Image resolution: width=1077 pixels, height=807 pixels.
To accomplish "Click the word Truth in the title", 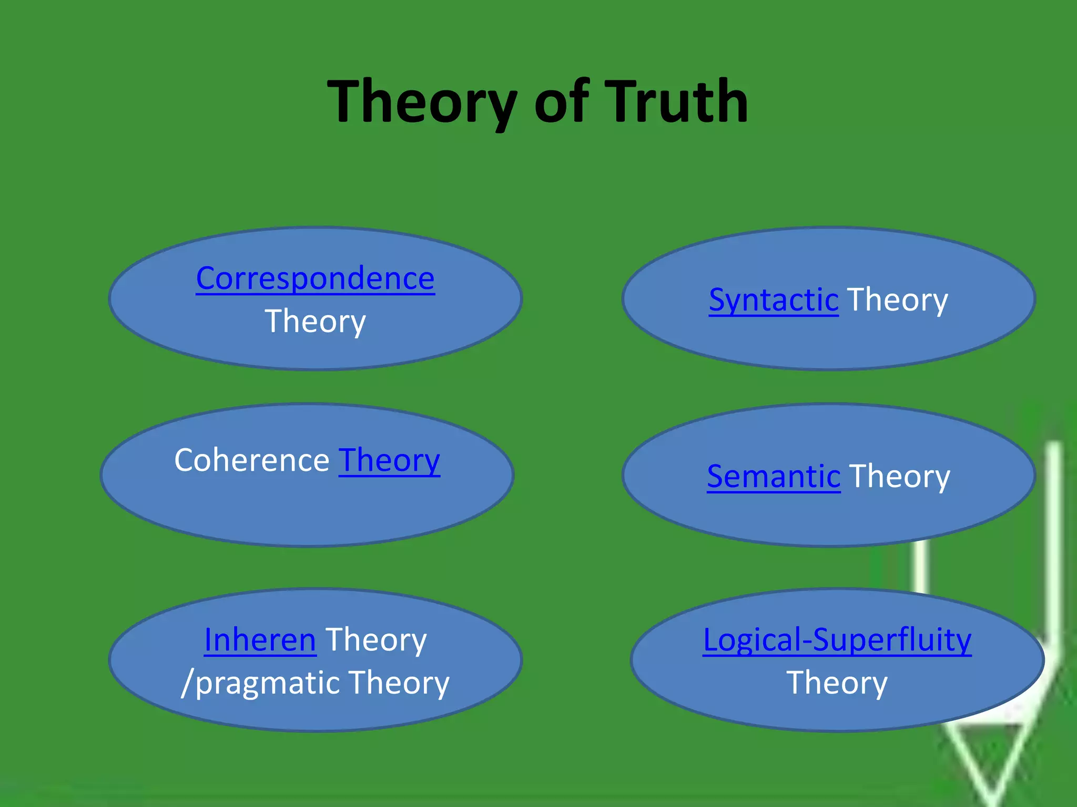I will click(678, 101).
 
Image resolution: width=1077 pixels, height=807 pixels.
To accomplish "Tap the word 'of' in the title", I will click(561, 101).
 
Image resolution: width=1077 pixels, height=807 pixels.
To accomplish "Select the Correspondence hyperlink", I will click(315, 278).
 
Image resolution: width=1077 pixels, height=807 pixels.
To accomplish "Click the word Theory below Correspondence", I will click(315, 321).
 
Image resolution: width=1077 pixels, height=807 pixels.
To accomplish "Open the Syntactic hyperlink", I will click(773, 300).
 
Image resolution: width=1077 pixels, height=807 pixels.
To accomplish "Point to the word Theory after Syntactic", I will click(897, 300).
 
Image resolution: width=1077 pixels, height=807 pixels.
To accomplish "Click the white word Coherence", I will click(251, 460).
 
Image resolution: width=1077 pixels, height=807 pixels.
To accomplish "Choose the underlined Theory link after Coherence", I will click(389, 460).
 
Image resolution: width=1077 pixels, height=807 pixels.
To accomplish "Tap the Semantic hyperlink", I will click(773, 477).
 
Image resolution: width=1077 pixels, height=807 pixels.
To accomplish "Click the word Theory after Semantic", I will click(899, 477).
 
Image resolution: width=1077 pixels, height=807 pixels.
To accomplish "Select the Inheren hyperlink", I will click(260, 640).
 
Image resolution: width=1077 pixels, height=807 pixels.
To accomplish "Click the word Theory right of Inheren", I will click(375, 640).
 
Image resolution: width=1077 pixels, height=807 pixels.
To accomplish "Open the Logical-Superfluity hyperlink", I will click(837, 640).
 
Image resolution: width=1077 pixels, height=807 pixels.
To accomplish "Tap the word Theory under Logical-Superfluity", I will click(837, 683).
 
